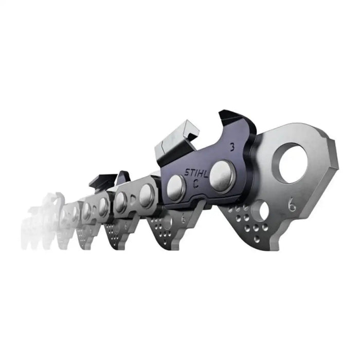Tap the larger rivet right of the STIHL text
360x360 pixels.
pyautogui.click(x=222, y=173)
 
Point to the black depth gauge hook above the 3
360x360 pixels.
pyautogui.click(x=226, y=119)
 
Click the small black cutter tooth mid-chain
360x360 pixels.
pyautogui.click(x=100, y=181)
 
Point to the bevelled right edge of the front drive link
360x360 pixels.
pyautogui.click(x=333, y=159)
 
